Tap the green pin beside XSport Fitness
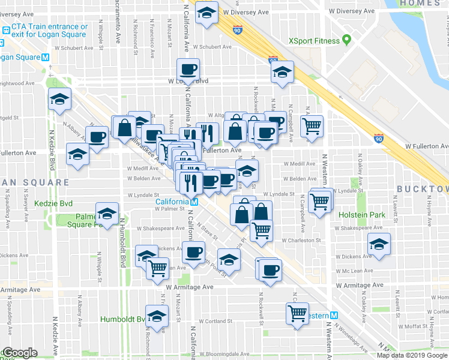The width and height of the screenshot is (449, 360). [346, 40]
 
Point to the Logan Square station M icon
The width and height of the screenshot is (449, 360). [46, 57]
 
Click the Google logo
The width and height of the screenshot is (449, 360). [20, 353]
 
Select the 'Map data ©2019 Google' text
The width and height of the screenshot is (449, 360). [412, 355]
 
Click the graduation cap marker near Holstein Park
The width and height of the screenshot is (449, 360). [379, 244]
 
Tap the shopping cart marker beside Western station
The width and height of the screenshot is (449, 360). [298, 313]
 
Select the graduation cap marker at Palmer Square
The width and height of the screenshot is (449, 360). [107, 213]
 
